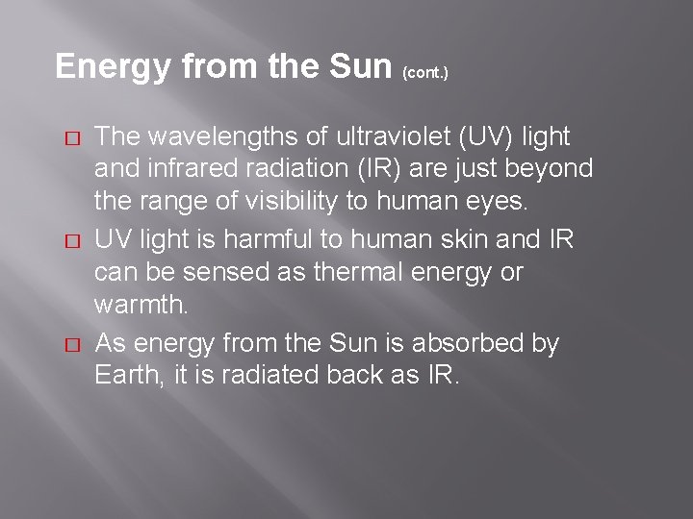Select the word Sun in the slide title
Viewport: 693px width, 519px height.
click(354, 65)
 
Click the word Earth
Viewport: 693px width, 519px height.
click(126, 375)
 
